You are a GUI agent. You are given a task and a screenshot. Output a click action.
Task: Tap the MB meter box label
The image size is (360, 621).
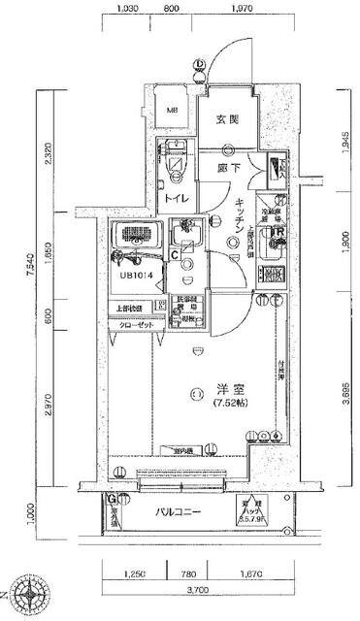(174, 112)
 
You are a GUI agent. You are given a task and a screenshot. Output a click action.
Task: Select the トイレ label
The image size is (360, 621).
(175, 198)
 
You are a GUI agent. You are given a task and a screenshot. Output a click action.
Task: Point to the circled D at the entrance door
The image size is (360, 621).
(198, 66)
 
